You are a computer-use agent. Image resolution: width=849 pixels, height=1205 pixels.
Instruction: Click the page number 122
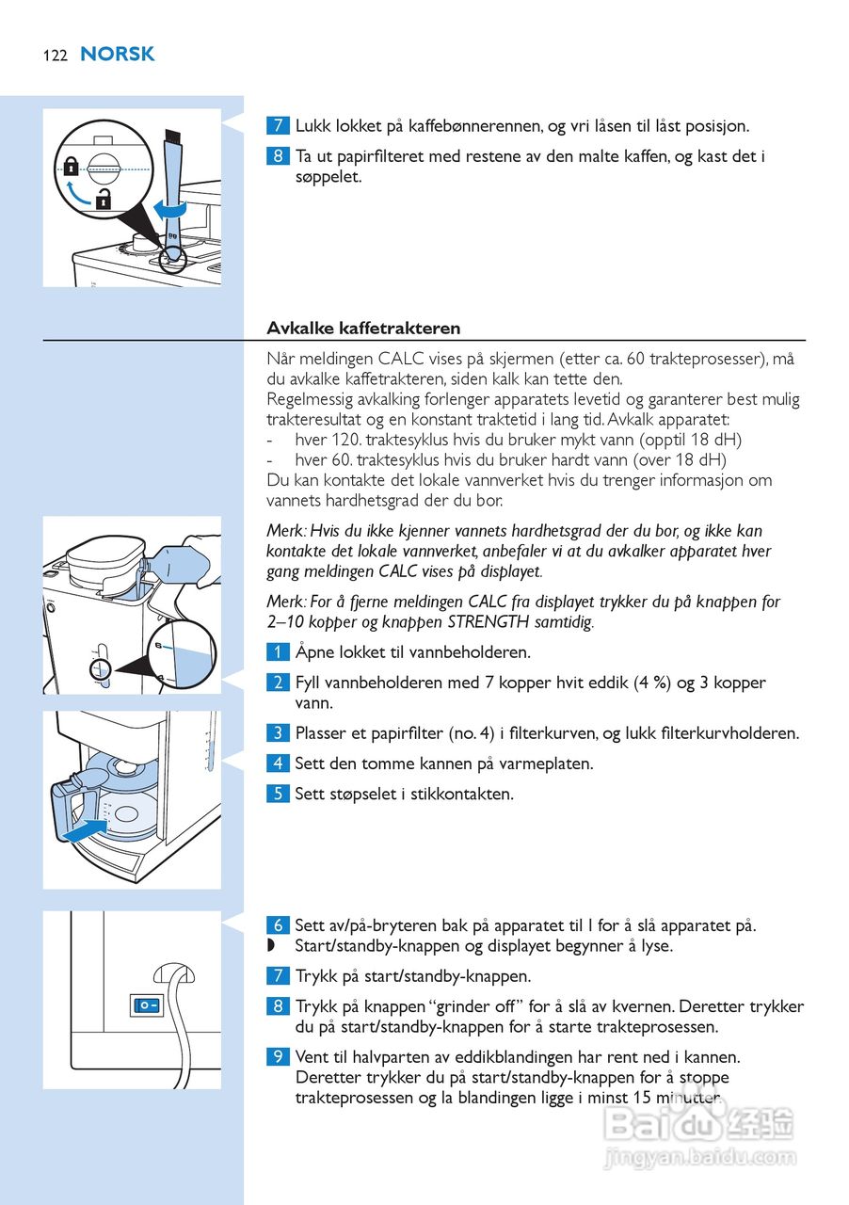(x=55, y=56)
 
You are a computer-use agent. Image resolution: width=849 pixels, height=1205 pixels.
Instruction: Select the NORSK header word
(x=118, y=55)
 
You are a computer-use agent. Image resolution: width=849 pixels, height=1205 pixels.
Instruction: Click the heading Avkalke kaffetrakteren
(x=363, y=329)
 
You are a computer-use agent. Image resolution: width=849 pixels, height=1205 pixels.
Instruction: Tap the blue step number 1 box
(x=278, y=652)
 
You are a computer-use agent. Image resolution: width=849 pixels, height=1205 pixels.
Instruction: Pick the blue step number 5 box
(x=278, y=794)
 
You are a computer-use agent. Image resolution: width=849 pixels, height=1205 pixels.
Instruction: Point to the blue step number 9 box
(x=278, y=1057)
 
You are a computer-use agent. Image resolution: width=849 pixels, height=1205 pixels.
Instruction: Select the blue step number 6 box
(x=278, y=925)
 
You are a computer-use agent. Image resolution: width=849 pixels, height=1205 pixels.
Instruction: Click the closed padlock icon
(x=72, y=168)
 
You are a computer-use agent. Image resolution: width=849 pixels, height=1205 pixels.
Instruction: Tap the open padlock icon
(x=104, y=200)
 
